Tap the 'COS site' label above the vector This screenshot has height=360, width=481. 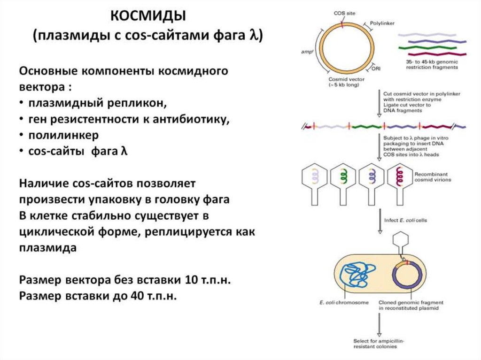pos(344,14)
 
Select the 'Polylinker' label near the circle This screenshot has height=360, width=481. pos(382,22)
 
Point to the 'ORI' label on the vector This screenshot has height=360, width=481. pos(376,69)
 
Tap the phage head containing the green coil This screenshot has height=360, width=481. pos(341,179)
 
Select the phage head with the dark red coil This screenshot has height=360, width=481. pos(401,179)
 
